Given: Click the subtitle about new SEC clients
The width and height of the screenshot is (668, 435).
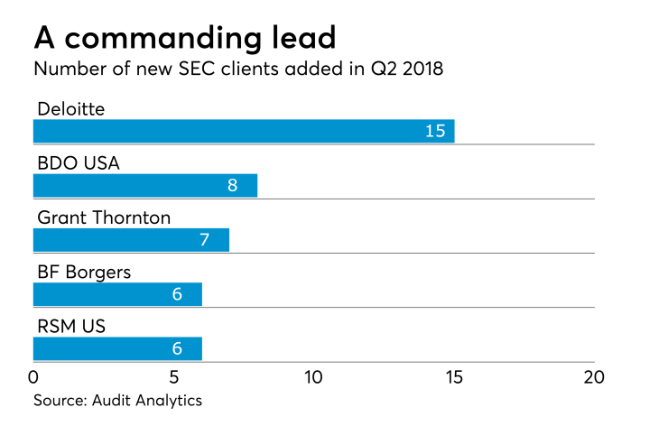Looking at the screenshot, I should point(238,70).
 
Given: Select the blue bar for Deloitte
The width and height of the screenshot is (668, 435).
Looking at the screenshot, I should point(244,131).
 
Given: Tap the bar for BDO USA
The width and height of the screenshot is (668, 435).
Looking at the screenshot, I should point(145,186).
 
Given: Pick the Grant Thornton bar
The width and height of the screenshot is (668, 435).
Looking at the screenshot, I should point(131,240).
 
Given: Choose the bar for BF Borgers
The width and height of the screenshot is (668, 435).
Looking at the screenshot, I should point(117,295).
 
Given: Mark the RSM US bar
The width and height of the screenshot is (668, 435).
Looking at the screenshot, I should point(117,349).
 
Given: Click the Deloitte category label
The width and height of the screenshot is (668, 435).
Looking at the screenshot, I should point(71,109).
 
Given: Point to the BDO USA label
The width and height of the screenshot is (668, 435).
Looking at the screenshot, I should point(79,163).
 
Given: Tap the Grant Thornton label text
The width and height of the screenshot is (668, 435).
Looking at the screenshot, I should point(104,217).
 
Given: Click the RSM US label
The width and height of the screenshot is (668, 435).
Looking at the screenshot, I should point(71,327).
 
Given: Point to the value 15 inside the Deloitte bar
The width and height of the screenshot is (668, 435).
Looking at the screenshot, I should point(435,131).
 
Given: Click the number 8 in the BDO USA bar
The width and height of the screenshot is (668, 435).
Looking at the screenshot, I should point(232,186).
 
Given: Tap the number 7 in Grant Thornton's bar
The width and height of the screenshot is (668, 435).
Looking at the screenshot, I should point(204,240).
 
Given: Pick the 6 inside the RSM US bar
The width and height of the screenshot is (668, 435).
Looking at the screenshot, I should point(177,349).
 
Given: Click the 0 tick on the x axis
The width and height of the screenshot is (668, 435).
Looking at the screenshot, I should point(33,376).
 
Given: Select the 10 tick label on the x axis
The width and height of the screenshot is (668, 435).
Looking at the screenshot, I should point(313,376).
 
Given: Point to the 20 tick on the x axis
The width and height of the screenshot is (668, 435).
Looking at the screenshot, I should point(593,376).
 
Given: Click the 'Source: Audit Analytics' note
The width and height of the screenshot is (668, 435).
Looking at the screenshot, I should point(117,401).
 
